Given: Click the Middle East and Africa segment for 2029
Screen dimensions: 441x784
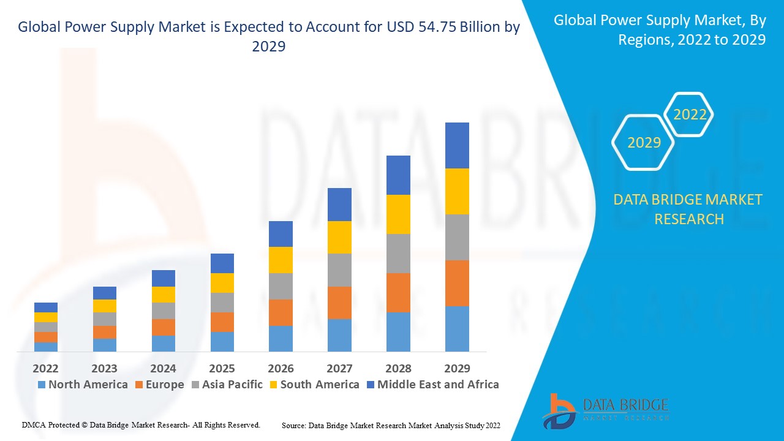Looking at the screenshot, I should (x=457, y=145).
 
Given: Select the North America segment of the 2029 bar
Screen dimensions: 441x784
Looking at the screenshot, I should (x=457, y=328).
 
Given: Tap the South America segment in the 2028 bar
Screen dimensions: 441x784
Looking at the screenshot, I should (x=398, y=214).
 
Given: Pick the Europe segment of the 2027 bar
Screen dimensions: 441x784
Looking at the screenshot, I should (x=339, y=303).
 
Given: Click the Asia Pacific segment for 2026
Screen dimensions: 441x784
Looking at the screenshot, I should (x=281, y=286).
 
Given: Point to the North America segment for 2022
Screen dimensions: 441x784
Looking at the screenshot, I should (x=46, y=347).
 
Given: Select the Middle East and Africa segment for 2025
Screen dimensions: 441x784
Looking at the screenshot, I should (x=222, y=263).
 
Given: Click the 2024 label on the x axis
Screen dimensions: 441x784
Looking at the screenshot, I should (x=163, y=368).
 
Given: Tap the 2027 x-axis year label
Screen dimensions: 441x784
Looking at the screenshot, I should (x=339, y=368).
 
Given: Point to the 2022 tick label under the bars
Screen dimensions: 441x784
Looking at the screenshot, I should (x=46, y=368).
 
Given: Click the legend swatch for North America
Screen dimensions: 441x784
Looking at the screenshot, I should (x=42, y=385).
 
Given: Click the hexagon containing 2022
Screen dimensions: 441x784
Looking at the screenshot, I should (x=690, y=115).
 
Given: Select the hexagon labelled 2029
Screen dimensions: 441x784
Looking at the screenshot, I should (x=644, y=143).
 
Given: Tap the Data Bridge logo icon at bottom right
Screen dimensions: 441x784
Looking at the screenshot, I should (x=559, y=411).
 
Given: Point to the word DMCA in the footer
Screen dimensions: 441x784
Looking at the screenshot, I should (x=33, y=424).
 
